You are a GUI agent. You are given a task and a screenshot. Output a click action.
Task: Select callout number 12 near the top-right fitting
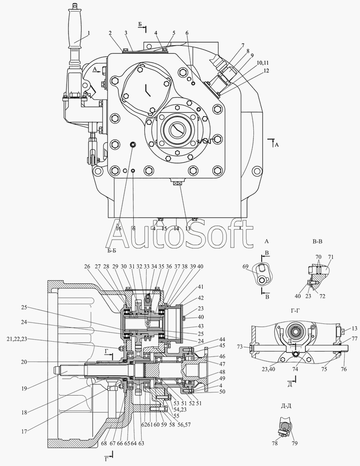point(266,71)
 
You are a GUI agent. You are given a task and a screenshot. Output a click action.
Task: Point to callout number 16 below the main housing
point(118,228)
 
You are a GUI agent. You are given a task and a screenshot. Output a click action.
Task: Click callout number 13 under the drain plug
point(188,228)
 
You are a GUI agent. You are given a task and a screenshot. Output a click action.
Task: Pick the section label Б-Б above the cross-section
point(111,251)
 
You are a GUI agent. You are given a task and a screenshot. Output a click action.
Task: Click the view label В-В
point(318,241)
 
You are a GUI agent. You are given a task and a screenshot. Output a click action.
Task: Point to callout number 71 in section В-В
point(331,257)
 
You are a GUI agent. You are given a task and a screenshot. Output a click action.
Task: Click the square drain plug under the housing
point(177,184)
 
